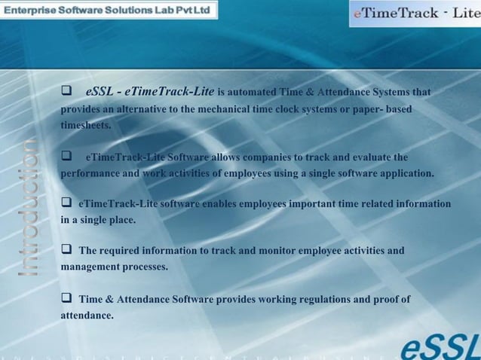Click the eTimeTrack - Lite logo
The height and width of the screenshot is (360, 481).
click(415, 14)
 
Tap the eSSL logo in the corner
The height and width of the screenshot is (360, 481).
click(439, 345)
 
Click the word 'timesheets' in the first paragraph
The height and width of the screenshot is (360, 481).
click(85, 125)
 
